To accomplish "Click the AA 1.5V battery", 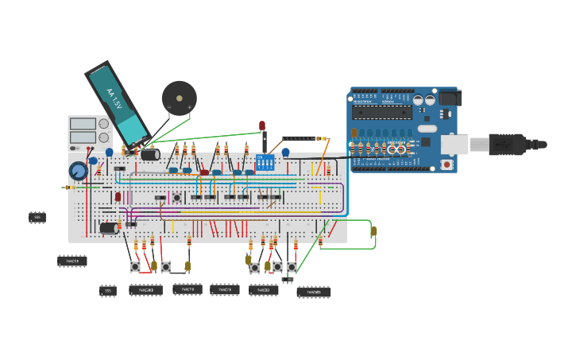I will tap(117, 103).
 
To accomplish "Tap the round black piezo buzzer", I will tap(179, 98).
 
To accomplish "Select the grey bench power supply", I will tap(90, 132).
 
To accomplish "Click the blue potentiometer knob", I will tap(78, 171).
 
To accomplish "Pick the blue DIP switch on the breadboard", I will tap(266, 163).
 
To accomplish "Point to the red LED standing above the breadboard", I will tap(261, 126).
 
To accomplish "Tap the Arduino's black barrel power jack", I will tap(450, 98).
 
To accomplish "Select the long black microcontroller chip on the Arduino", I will tap(382, 112).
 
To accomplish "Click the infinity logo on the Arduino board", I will tap(396, 149).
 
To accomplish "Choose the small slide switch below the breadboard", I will tap(288, 280).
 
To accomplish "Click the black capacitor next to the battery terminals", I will tap(150, 154).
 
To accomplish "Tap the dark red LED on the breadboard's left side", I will tap(118, 196).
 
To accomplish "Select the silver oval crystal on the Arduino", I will tap(427, 128).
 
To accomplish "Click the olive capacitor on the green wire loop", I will tap(373, 231).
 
